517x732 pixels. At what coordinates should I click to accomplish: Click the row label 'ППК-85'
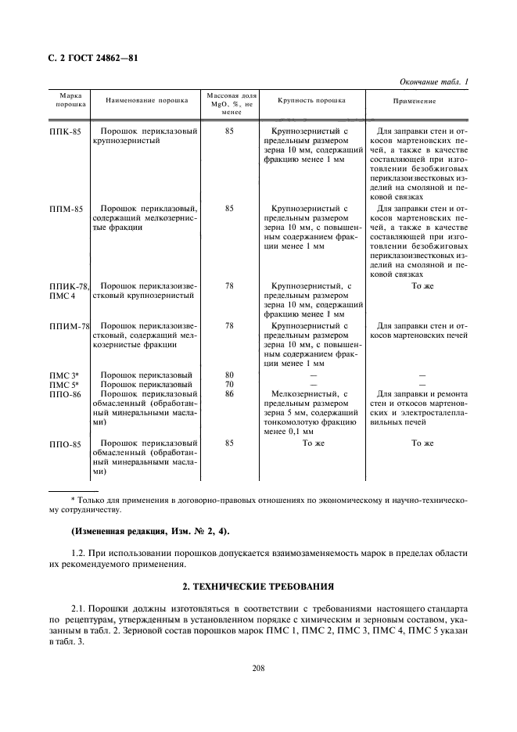pos(65,132)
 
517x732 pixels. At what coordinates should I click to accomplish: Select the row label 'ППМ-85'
pos(65,209)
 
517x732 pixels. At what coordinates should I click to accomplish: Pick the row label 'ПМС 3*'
pos(63,375)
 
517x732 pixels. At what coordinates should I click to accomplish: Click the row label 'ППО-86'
pos(65,394)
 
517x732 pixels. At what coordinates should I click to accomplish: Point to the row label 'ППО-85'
pos(65,443)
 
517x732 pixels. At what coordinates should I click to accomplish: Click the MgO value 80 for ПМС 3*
pos(229,375)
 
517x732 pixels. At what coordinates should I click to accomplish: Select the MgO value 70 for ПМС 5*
pos(229,385)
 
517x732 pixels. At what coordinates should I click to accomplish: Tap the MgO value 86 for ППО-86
pos(229,394)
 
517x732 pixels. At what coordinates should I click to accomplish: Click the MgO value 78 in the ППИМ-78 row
pos(229,325)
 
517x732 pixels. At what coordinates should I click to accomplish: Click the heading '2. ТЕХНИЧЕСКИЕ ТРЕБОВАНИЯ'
pos(258,585)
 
